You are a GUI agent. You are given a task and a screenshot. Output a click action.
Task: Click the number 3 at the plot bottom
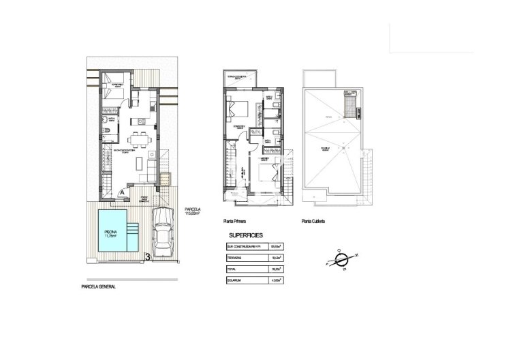[x=148, y=257]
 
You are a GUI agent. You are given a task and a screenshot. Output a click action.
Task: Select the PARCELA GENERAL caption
[x=98, y=287]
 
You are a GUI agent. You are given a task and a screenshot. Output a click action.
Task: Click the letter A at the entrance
[x=122, y=193]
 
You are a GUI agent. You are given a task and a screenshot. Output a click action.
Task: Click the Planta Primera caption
[x=234, y=222]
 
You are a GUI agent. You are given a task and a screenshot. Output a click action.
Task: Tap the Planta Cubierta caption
[x=314, y=222]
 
